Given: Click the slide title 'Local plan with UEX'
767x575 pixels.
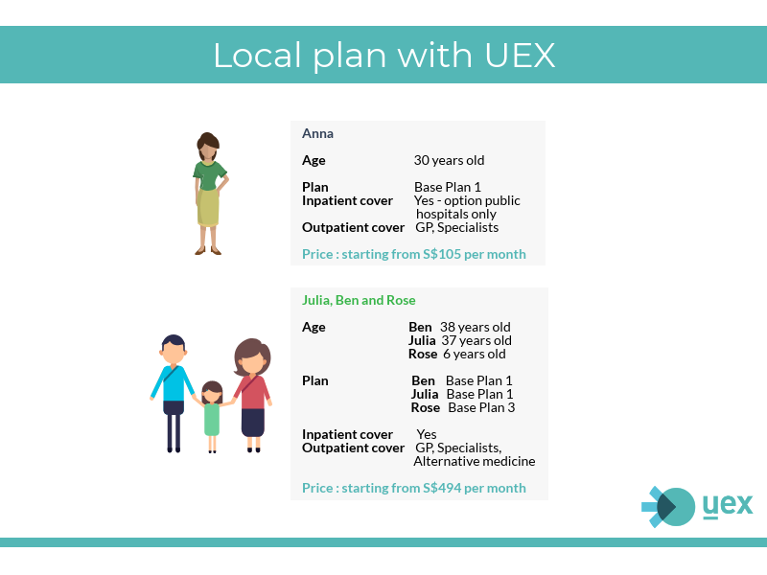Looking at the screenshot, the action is coord(384,56).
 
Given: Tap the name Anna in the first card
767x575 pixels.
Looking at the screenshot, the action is coord(317,133).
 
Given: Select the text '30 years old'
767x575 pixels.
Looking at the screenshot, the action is coord(449,160).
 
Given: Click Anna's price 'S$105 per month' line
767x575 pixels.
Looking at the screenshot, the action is coord(414,254).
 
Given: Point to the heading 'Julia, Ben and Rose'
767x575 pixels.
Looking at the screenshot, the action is coord(359,300).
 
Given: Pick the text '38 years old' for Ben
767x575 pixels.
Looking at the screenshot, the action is coord(475,327).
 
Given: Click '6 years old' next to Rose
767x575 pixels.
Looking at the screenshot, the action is coord(474,354).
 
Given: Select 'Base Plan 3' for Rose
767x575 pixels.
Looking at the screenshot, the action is coord(481,408).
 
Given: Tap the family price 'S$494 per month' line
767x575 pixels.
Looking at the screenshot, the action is coord(414,488).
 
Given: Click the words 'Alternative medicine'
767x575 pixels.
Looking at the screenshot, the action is coord(474,462).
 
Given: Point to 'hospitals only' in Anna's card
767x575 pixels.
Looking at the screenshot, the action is coord(456,214).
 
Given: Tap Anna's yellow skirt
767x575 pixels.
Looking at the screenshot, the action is coord(208,207).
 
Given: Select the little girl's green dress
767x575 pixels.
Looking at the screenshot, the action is coord(211,419).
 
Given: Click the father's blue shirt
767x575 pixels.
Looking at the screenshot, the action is coord(174,383).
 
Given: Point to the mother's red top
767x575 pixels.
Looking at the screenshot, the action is coord(252,393).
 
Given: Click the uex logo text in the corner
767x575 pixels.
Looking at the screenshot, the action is coord(728,505).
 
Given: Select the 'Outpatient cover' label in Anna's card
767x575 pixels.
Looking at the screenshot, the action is coord(353,227).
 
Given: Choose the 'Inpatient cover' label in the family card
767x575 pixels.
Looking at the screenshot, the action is coord(347,435).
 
